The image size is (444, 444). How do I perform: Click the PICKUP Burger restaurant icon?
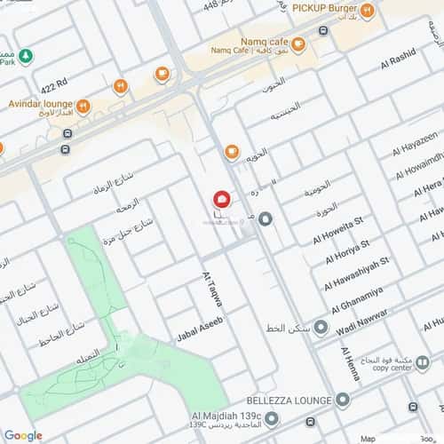click(x=367, y=11)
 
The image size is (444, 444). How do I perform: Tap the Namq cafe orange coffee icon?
click(x=298, y=44)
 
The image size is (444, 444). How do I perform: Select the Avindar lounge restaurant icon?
click(x=83, y=107)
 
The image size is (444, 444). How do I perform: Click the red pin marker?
click(x=222, y=200)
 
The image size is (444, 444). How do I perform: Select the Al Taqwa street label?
click(x=212, y=289)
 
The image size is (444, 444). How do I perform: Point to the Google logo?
click(x=23, y=434)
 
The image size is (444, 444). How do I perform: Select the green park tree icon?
click(x=26, y=55)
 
